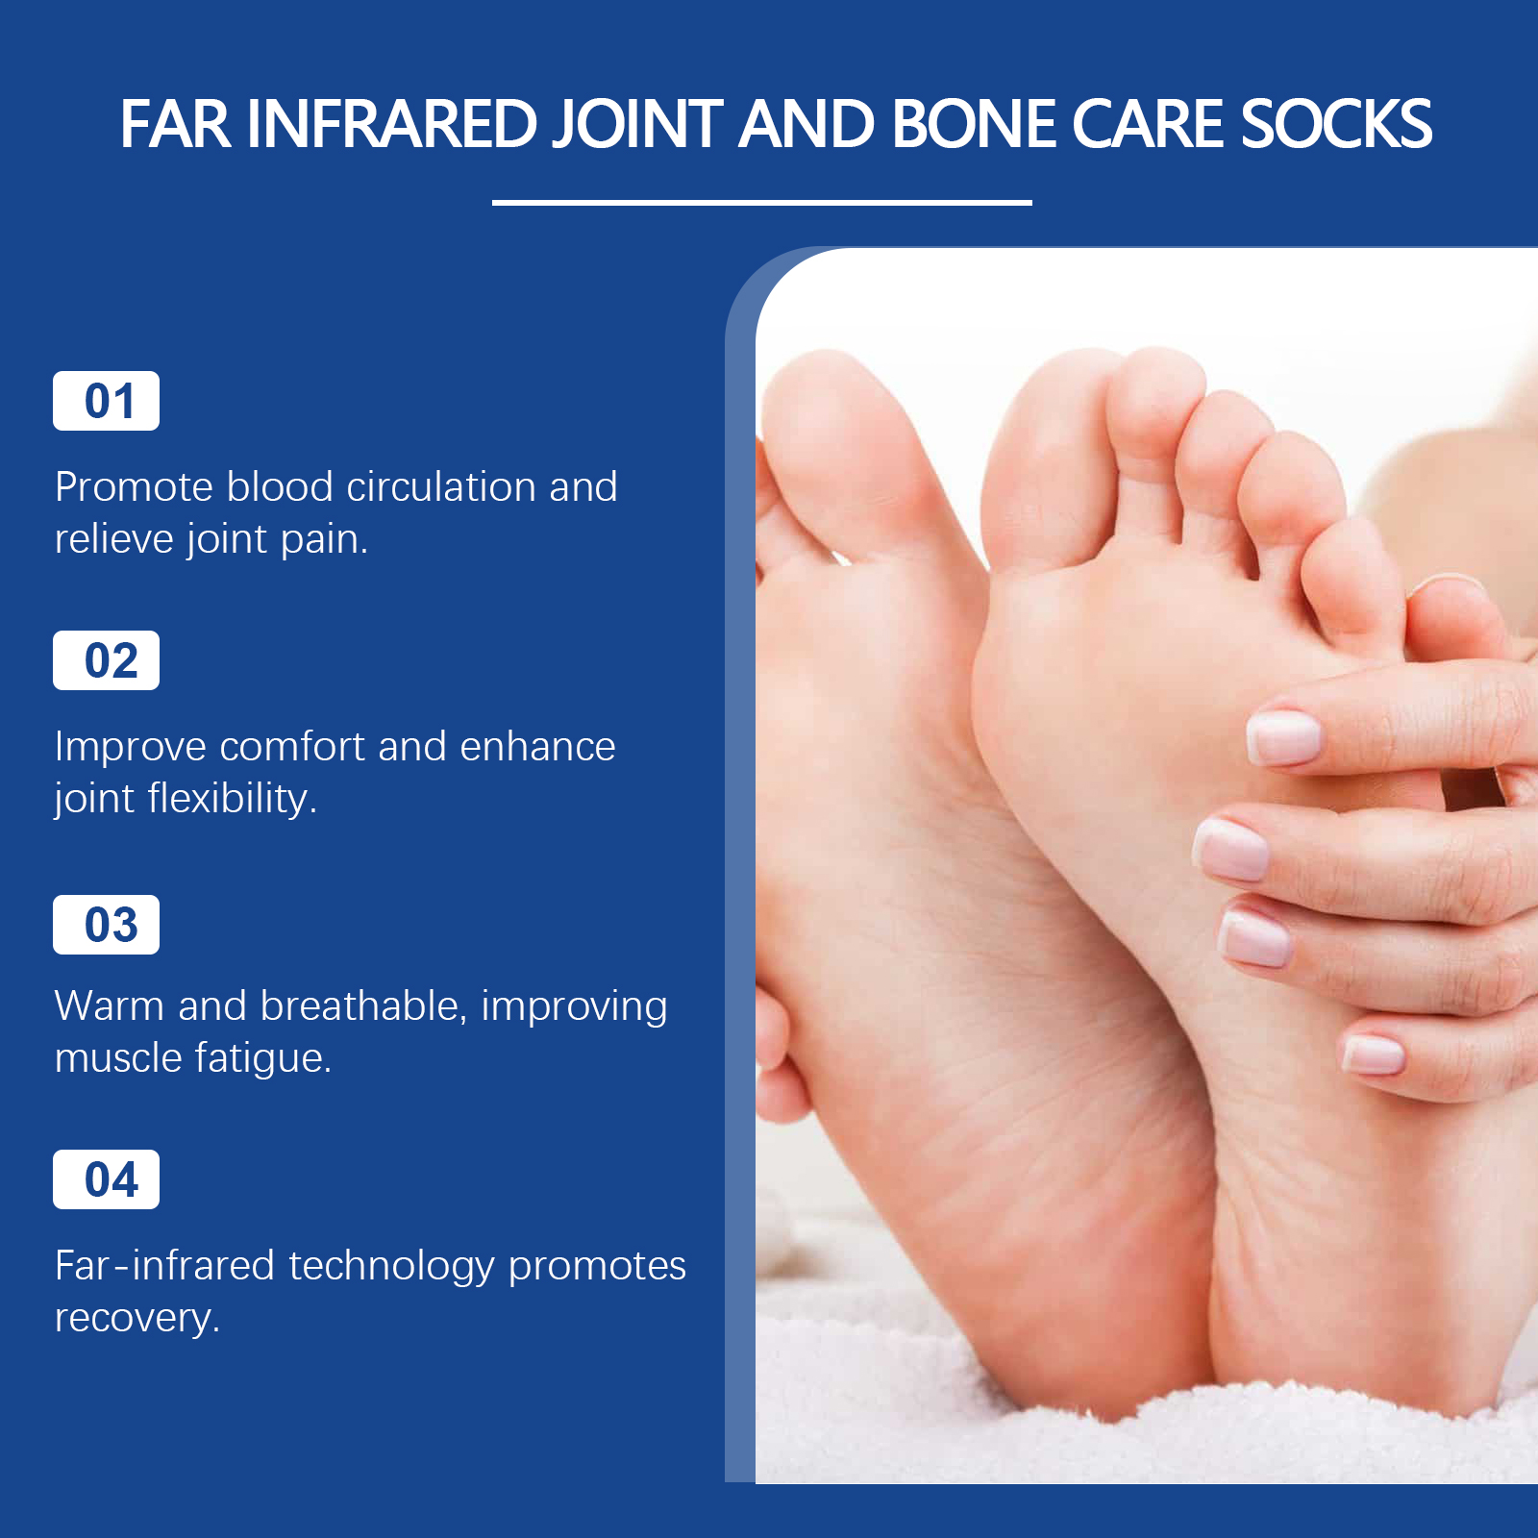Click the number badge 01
pyautogui.click(x=106, y=401)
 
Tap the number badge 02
pyautogui.click(x=106, y=660)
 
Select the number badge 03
pyautogui.click(x=106, y=925)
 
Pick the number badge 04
pyautogui.click(x=106, y=1179)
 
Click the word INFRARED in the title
pyautogui.click(x=391, y=125)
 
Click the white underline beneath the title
pyautogui.click(x=762, y=202)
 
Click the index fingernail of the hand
pyautogui.click(x=1283, y=737)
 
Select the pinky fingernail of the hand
pyautogui.click(x=1373, y=1054)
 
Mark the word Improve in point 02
pyautogui.click(x=131, y=748)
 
